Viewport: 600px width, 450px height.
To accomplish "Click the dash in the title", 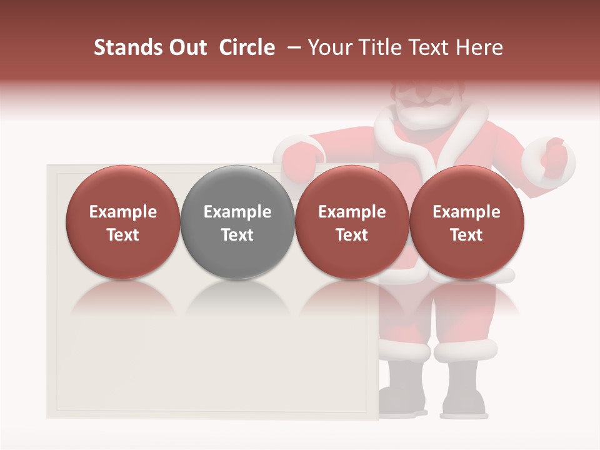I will pos(292,47).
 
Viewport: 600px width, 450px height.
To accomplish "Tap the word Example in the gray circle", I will pos(237,212).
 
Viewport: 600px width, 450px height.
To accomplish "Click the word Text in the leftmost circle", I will pos(123,235).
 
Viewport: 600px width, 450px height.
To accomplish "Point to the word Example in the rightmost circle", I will pos(466,212).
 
